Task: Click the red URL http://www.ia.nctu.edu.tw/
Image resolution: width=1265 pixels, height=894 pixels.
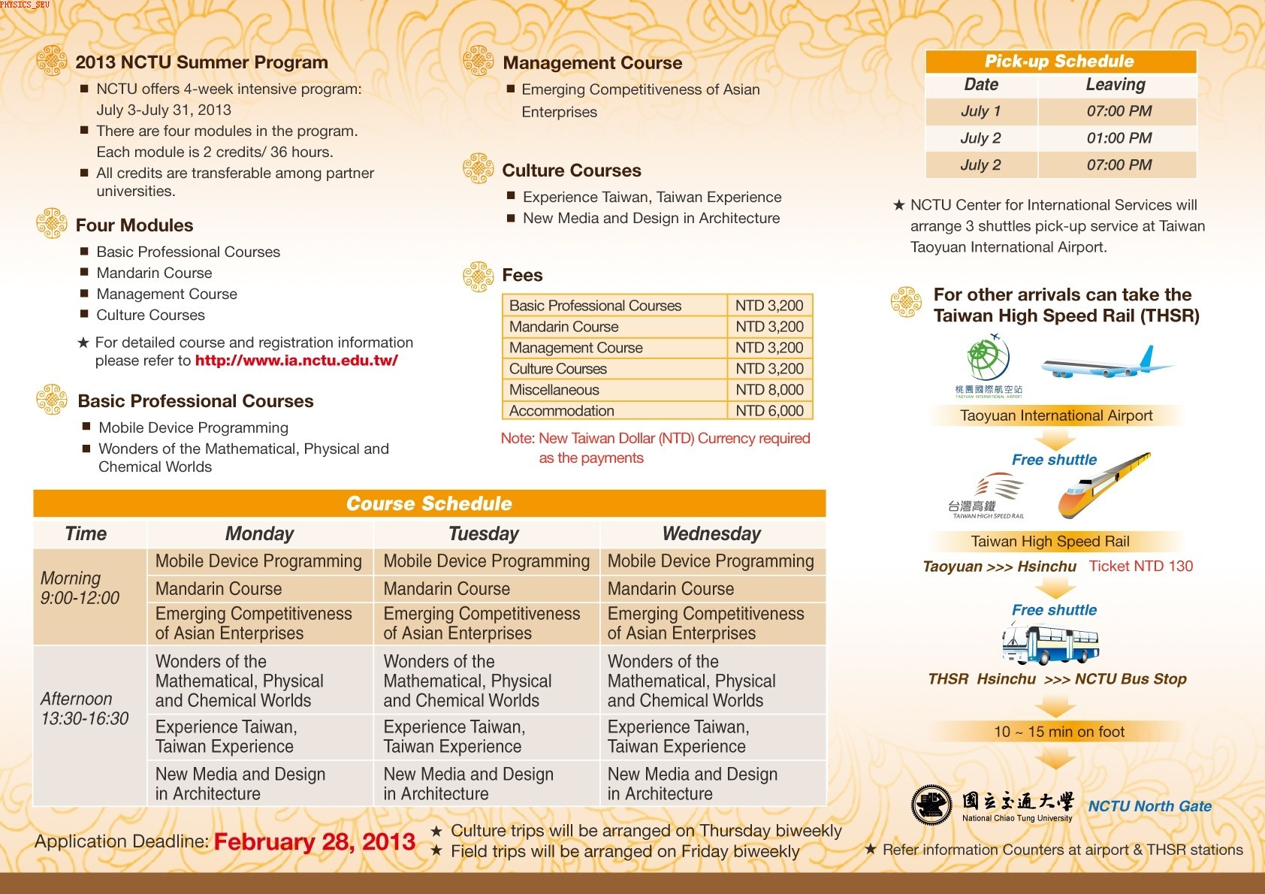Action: point(296,361)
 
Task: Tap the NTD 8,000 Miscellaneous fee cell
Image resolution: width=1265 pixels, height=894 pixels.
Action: point(769,390)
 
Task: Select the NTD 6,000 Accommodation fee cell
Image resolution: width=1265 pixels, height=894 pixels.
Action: point(769,411)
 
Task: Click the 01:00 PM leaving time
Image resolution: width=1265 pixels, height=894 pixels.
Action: point(1119,138)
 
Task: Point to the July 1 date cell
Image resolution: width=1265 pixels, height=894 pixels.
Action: point(980,111)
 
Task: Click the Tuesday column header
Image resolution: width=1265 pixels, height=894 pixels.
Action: point(484,534)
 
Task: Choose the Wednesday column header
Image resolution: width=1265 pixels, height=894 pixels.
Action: point(711,534)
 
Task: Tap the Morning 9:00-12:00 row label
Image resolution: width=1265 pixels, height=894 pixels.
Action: point(80,588)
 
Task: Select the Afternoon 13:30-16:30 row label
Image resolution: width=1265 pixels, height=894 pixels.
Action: point(85,708)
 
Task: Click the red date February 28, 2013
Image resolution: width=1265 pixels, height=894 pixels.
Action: point(314,842)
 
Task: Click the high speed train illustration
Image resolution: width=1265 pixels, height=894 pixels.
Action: point(1104,486)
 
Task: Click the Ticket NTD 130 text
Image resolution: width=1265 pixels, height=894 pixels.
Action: point(1140,566)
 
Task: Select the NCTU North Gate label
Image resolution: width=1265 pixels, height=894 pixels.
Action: point(1149,806)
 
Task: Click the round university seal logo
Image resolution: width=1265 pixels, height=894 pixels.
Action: point(931,805)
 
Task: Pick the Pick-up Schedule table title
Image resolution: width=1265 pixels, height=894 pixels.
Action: point(1059,62)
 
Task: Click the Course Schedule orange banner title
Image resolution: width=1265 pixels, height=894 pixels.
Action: point(429,503)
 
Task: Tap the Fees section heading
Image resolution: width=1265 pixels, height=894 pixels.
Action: point(522,275)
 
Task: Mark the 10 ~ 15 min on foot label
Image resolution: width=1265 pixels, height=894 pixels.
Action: point(1059,732)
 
